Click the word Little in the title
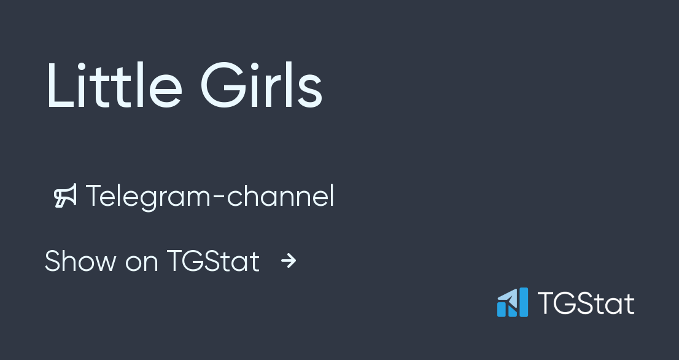tap(114, 86)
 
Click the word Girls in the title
tap(261, 86)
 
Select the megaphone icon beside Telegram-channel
tap(66, 196)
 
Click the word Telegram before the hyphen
tap(153, 197)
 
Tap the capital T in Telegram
tap(93, 196)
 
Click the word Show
tap(80, 261)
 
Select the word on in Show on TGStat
tap(142, 263)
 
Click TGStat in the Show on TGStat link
tap(213, 261)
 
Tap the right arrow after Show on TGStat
tap(289, 261)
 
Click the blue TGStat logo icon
tap(513, 303)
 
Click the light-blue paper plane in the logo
tap(506, 298)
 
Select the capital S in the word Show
tap(53, 261)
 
